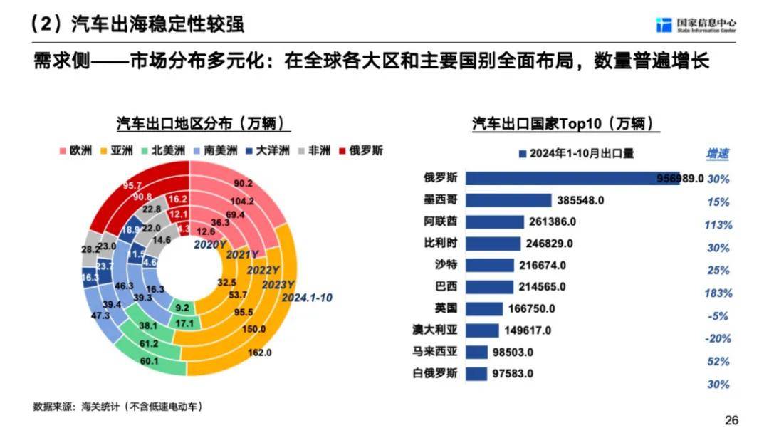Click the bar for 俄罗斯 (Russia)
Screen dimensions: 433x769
pos(570,177)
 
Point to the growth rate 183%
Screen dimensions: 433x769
pos(718,293)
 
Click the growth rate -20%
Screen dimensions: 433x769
pos(718,339)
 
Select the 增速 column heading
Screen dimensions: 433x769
pos(718,154)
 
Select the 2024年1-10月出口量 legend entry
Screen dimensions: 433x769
pos(577,153)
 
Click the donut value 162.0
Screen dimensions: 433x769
pos(260,353)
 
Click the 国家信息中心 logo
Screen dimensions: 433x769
pos(696,25)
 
